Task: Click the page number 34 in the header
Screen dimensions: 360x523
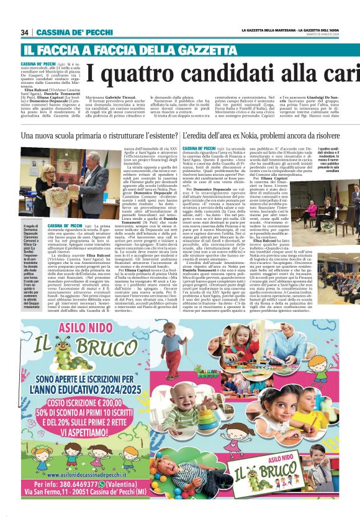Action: pyautogui.click(x=25, y=32)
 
